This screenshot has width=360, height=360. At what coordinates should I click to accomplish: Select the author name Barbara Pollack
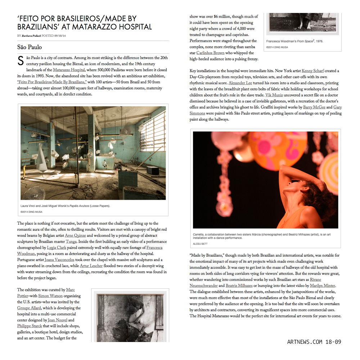point(31,36)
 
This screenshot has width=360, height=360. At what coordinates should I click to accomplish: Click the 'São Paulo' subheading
point(30,47)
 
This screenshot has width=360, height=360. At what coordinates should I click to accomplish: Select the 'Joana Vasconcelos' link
point(59,260)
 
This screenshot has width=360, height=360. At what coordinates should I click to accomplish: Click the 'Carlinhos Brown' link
point(210,53)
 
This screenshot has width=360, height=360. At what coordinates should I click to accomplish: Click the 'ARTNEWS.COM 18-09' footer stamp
point(314,342)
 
